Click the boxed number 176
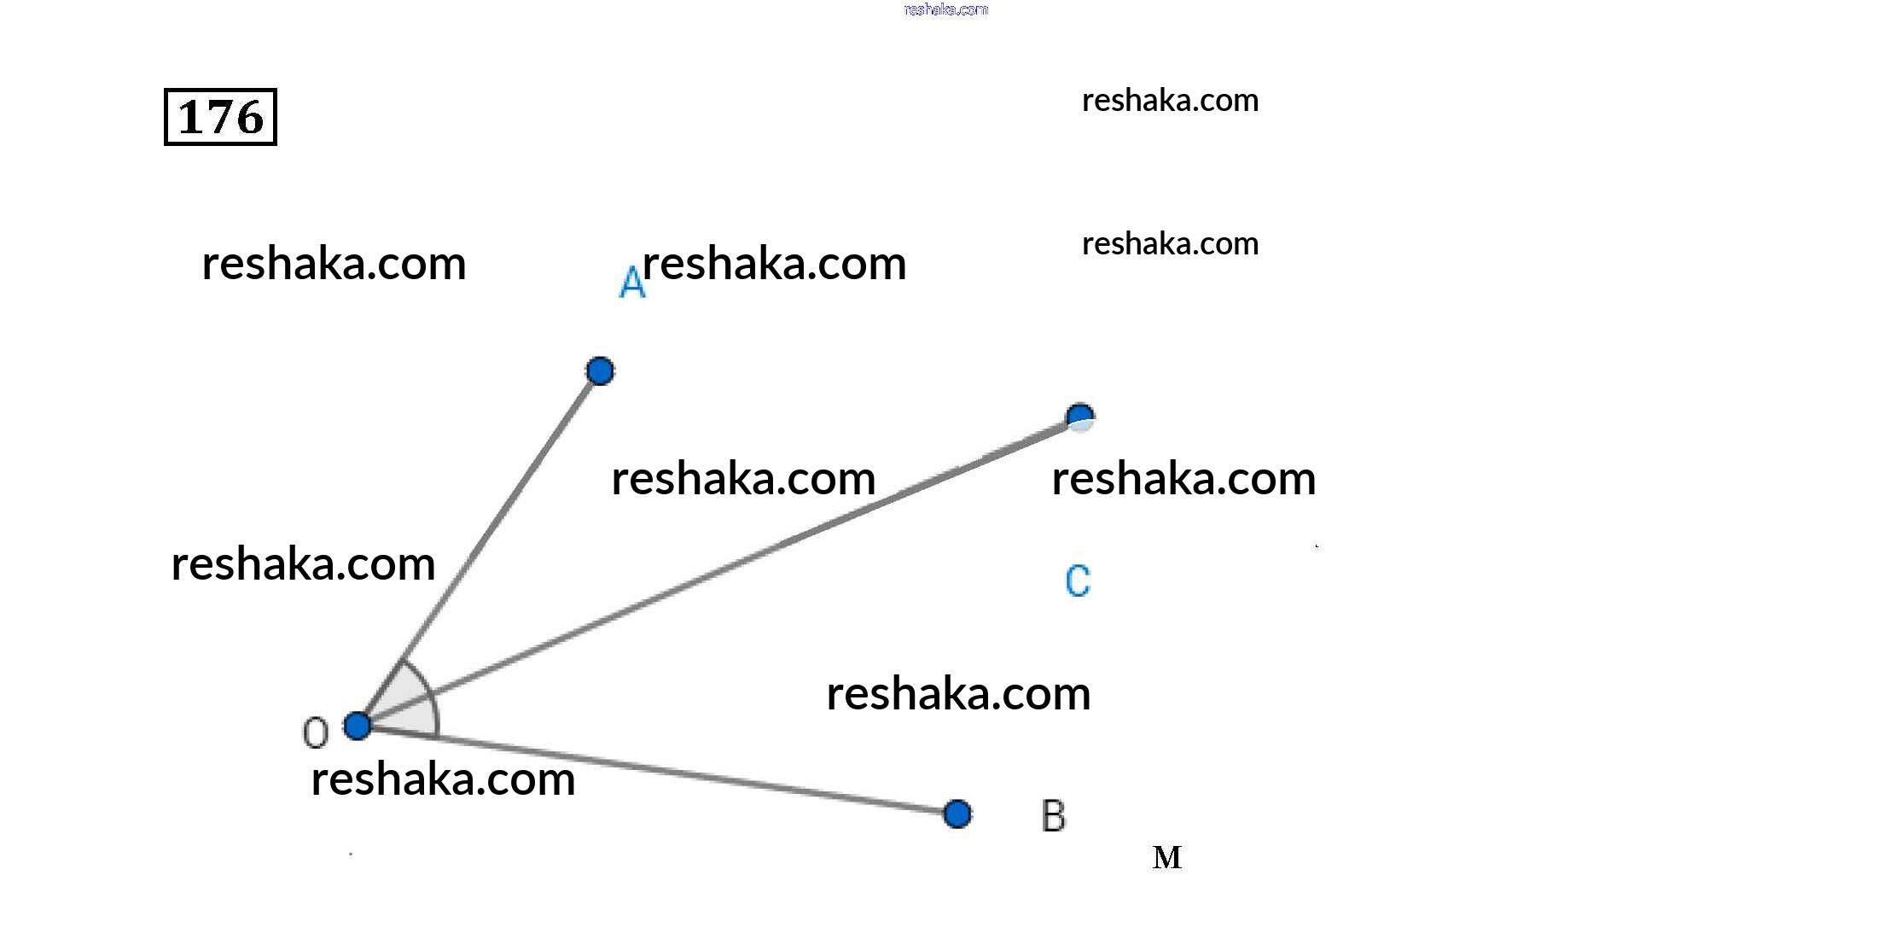pyautogui.click(x=220, y=117)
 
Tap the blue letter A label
pyautogui.click(x=631, y=282)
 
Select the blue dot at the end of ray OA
pyautogui.click(x=600, y=370)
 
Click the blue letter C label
pyautogui.click(x=1078, y=581)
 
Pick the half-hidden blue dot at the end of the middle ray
pyautogui.click(x=1080, y=417)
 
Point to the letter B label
pyautogui.click(x=1054, y=816)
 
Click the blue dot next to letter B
pyautogui.click(x=957, y=814)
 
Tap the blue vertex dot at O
pyautogui.click(x=358, y=726)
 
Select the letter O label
pyautogui.click(x=316, y=732)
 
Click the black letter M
pyautogui.click(x=1167, y=857)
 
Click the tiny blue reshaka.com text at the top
pyautogui.click(x=945, y=9)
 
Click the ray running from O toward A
pyautogui.click(x=479, y=548)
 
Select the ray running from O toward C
pyautogui.click(x=718, y=572)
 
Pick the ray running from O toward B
pyautogui.click(x=657, y=770)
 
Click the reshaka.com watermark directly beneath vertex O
pyautogui.click(x=443, y=779)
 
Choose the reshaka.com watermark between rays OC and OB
pyautogui.click(x=958, y=693)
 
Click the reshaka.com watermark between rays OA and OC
pyautogui.click(x=743, y=478)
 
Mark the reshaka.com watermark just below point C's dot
pyautogui.click(x=1183, y=478)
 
